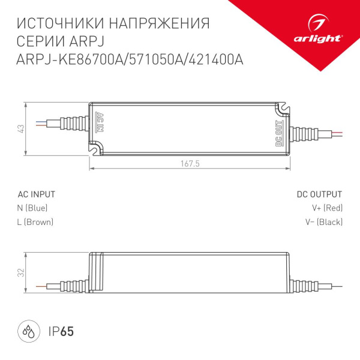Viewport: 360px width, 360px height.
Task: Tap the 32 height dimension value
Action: pyautogui.click(x=20, y=272)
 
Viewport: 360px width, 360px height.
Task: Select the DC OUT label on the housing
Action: pyautogui.click(x=278, y=134)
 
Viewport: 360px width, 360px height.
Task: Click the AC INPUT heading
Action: pyautogui.click(x=37, y=194)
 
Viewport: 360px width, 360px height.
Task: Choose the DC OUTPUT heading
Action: pyautogui.click(x=319, y=194)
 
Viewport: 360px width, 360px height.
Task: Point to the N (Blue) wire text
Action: pyautogui.click(x=32, y=208)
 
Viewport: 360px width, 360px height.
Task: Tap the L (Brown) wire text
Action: pyautogui.click(x=35, y=222)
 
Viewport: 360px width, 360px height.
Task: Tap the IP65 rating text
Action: pyautogui.click(x=60, y=331)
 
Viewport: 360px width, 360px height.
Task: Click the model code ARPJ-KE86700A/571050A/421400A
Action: pyautogui.click(x=130, y=59)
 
